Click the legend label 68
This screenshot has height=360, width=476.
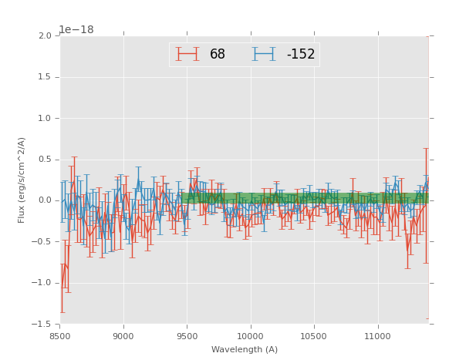(218, 55)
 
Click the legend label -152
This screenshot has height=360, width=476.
(300, 55)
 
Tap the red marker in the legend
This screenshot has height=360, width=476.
(187, 54)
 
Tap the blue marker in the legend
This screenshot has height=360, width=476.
(265, 54)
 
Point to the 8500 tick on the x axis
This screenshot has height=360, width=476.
(59, 336)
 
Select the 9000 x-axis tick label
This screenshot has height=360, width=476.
(123, 336)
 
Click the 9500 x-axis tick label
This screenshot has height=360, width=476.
(187, 336)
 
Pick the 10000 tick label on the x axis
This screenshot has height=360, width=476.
(251, 336)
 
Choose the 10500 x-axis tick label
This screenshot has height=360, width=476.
(314, 336)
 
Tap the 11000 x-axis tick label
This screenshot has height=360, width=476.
(378, 336)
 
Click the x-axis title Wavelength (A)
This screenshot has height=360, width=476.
(245, 350)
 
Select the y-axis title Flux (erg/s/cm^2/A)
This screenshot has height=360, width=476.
(22, 180)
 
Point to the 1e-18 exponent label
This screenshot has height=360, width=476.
(76, 29)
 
